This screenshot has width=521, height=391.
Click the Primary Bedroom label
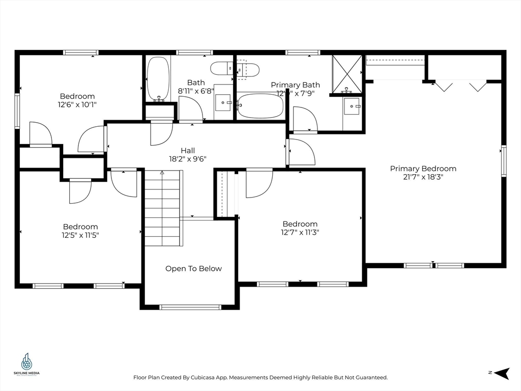point(423,169)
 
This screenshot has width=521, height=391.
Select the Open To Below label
point(193,269)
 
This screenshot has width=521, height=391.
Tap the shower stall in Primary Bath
point(347,74)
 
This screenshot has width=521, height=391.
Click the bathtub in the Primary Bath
point(260,106)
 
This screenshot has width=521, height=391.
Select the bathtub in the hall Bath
point(158,79)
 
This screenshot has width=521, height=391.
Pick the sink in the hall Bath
point(223,102)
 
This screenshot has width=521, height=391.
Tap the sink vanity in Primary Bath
point(352,107)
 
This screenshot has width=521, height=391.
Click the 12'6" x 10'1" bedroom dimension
point(77,104)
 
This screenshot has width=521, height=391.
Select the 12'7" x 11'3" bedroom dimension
point(300,232)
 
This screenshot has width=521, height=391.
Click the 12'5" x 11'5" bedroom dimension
point(80,235)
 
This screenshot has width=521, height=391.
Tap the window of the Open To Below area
point(190,307)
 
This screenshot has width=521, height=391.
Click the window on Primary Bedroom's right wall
point(504,161)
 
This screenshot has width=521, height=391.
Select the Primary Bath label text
point(295,85)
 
